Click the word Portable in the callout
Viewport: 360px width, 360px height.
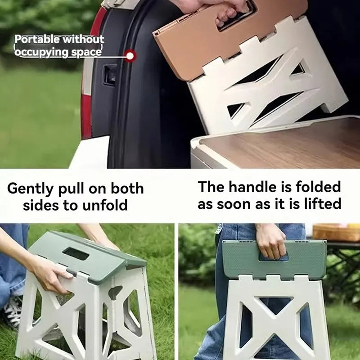(x=37, y=40)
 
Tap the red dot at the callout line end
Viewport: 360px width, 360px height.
(x=130, y=56)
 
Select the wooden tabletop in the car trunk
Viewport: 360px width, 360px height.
(x=279, y=144)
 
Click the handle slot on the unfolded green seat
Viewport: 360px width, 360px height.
(x=75, y=254)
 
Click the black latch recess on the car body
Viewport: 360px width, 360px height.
(x=109, y=74)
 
